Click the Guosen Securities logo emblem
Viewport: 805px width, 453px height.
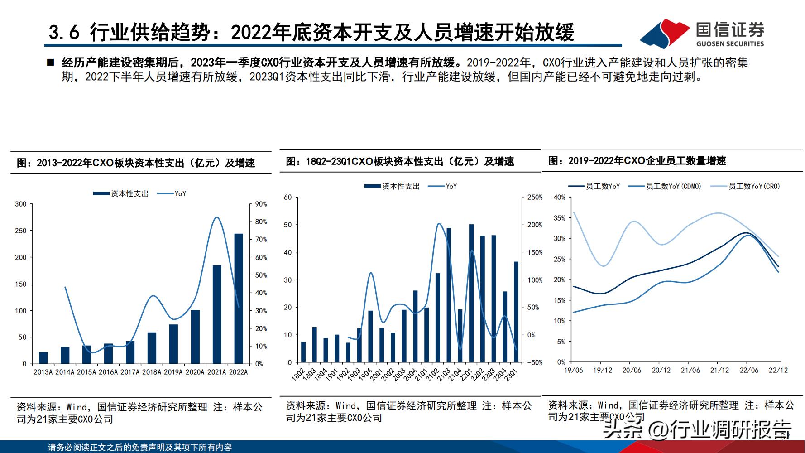[x=665, y=34]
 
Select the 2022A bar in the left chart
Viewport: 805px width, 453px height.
[x=239, y=299]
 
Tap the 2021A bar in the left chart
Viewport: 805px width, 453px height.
[x=217, y=314]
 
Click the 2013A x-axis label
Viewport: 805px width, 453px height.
[x=43, y=372]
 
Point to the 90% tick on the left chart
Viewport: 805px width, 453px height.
[x=261, y=204]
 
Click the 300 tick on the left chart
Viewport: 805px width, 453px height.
[x=21, y=204]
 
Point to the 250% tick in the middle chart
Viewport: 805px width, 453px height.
[x=535, y=198]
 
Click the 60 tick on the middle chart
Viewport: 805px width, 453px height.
[x=288, y=198]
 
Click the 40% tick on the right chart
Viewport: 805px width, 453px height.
[x=560, y=198]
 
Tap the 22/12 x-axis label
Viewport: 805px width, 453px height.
[x=778, y=370]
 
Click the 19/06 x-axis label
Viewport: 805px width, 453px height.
[x=573, y=370]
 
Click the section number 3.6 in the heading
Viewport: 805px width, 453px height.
[x=64, y=33]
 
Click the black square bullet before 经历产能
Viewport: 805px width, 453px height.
[x=50, y=63]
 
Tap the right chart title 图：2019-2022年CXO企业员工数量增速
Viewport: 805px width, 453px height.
[x=637, y=161]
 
